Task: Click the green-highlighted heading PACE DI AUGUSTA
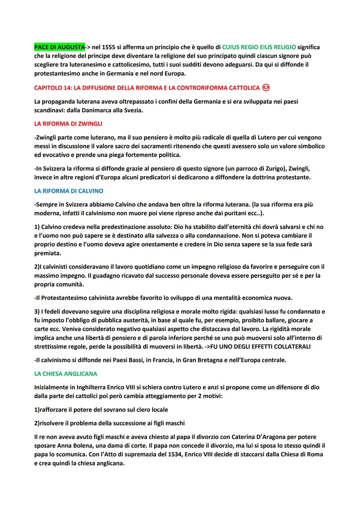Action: (x=59, y=47)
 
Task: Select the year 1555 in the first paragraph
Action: (x=108, y=47)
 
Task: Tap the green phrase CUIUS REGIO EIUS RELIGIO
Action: (x=259, y=47)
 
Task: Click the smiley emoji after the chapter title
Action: (x=266, y=88)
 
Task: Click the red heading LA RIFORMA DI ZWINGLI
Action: (x=68, y=124)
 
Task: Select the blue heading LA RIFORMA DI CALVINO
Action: (x=69, y=191)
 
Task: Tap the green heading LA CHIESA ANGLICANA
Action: (x=66, y=374)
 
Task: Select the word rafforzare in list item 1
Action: (x=55, y=410)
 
